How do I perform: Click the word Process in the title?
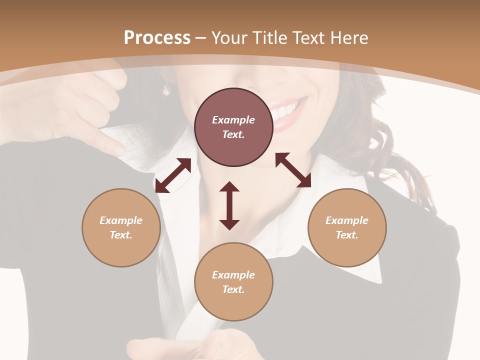pos(157,38)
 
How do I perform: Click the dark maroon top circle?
pos(233,127)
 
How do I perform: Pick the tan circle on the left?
pos(121,227)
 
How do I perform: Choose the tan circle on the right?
pos(347,227)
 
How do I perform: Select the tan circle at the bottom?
pos(233,281)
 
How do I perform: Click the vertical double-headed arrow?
pos(229,205)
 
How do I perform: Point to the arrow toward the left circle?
pos(173,175)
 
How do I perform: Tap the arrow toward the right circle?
pos(293,170)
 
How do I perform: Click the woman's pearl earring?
pos(165,90)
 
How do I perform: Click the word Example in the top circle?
pos(233,120)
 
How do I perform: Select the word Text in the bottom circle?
pos(232,289)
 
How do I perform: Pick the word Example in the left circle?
pos(121,220)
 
